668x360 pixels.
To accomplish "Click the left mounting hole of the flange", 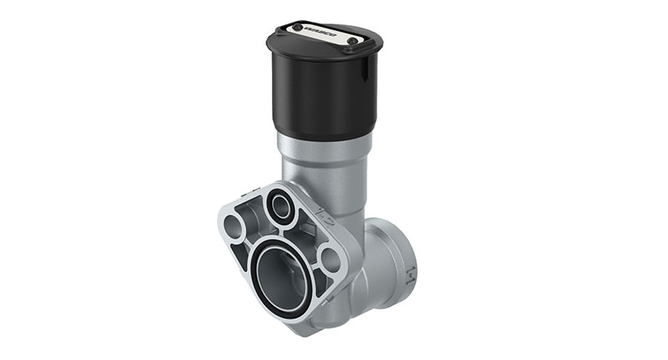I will point(235,225).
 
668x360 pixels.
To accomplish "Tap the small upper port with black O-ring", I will point(281,206).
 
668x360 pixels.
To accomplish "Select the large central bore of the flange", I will point(279,275).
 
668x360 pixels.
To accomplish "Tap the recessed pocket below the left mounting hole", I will point(243,258).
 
